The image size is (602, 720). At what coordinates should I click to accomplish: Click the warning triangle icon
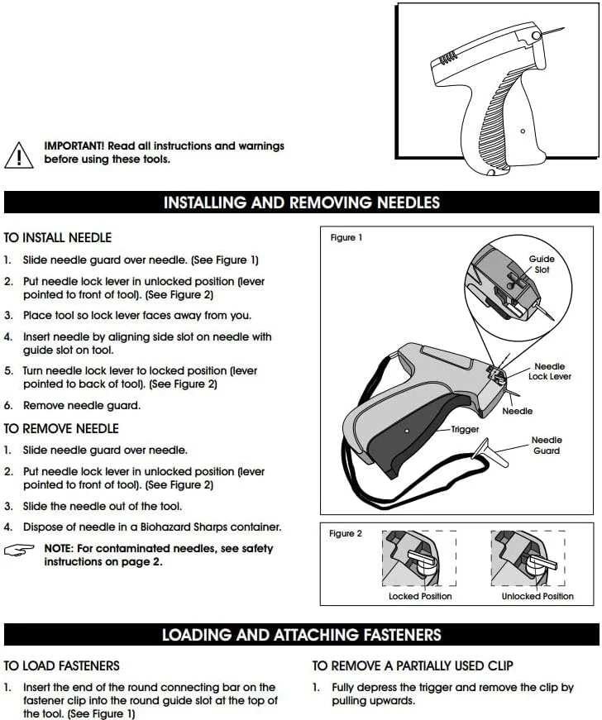(x=19, y=155)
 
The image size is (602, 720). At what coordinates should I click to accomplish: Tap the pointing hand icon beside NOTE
(x=19, y=550)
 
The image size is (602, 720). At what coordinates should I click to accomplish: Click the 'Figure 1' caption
(x=346, y=237)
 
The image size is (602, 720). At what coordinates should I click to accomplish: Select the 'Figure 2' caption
(x=346, y=533)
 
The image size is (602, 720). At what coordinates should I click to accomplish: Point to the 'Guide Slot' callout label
(x=542, y=264)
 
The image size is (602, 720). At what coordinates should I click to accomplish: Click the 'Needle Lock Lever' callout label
(x=550, y=371)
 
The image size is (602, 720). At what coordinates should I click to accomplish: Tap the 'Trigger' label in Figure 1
(x=465, y=429)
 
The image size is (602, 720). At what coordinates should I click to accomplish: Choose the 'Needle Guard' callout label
(x=547, y=445)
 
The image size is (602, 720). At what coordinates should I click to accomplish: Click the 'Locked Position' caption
(x=420, y=596)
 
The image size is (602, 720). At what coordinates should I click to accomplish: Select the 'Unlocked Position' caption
(x=537, y=596)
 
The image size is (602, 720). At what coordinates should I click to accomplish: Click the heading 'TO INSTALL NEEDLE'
(x=58, y=237)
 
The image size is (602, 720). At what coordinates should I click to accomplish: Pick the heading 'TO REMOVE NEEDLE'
(x=61, y=428)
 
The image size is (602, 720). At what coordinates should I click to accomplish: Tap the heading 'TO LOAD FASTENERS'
(x=61, y=665)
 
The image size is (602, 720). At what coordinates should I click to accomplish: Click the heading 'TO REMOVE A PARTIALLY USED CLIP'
(x=413, y=665)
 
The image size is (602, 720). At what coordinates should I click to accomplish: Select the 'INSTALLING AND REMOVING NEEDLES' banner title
(x=302, y=203)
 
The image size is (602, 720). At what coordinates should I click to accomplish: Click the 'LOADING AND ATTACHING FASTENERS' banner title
(x=302, y=635)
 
